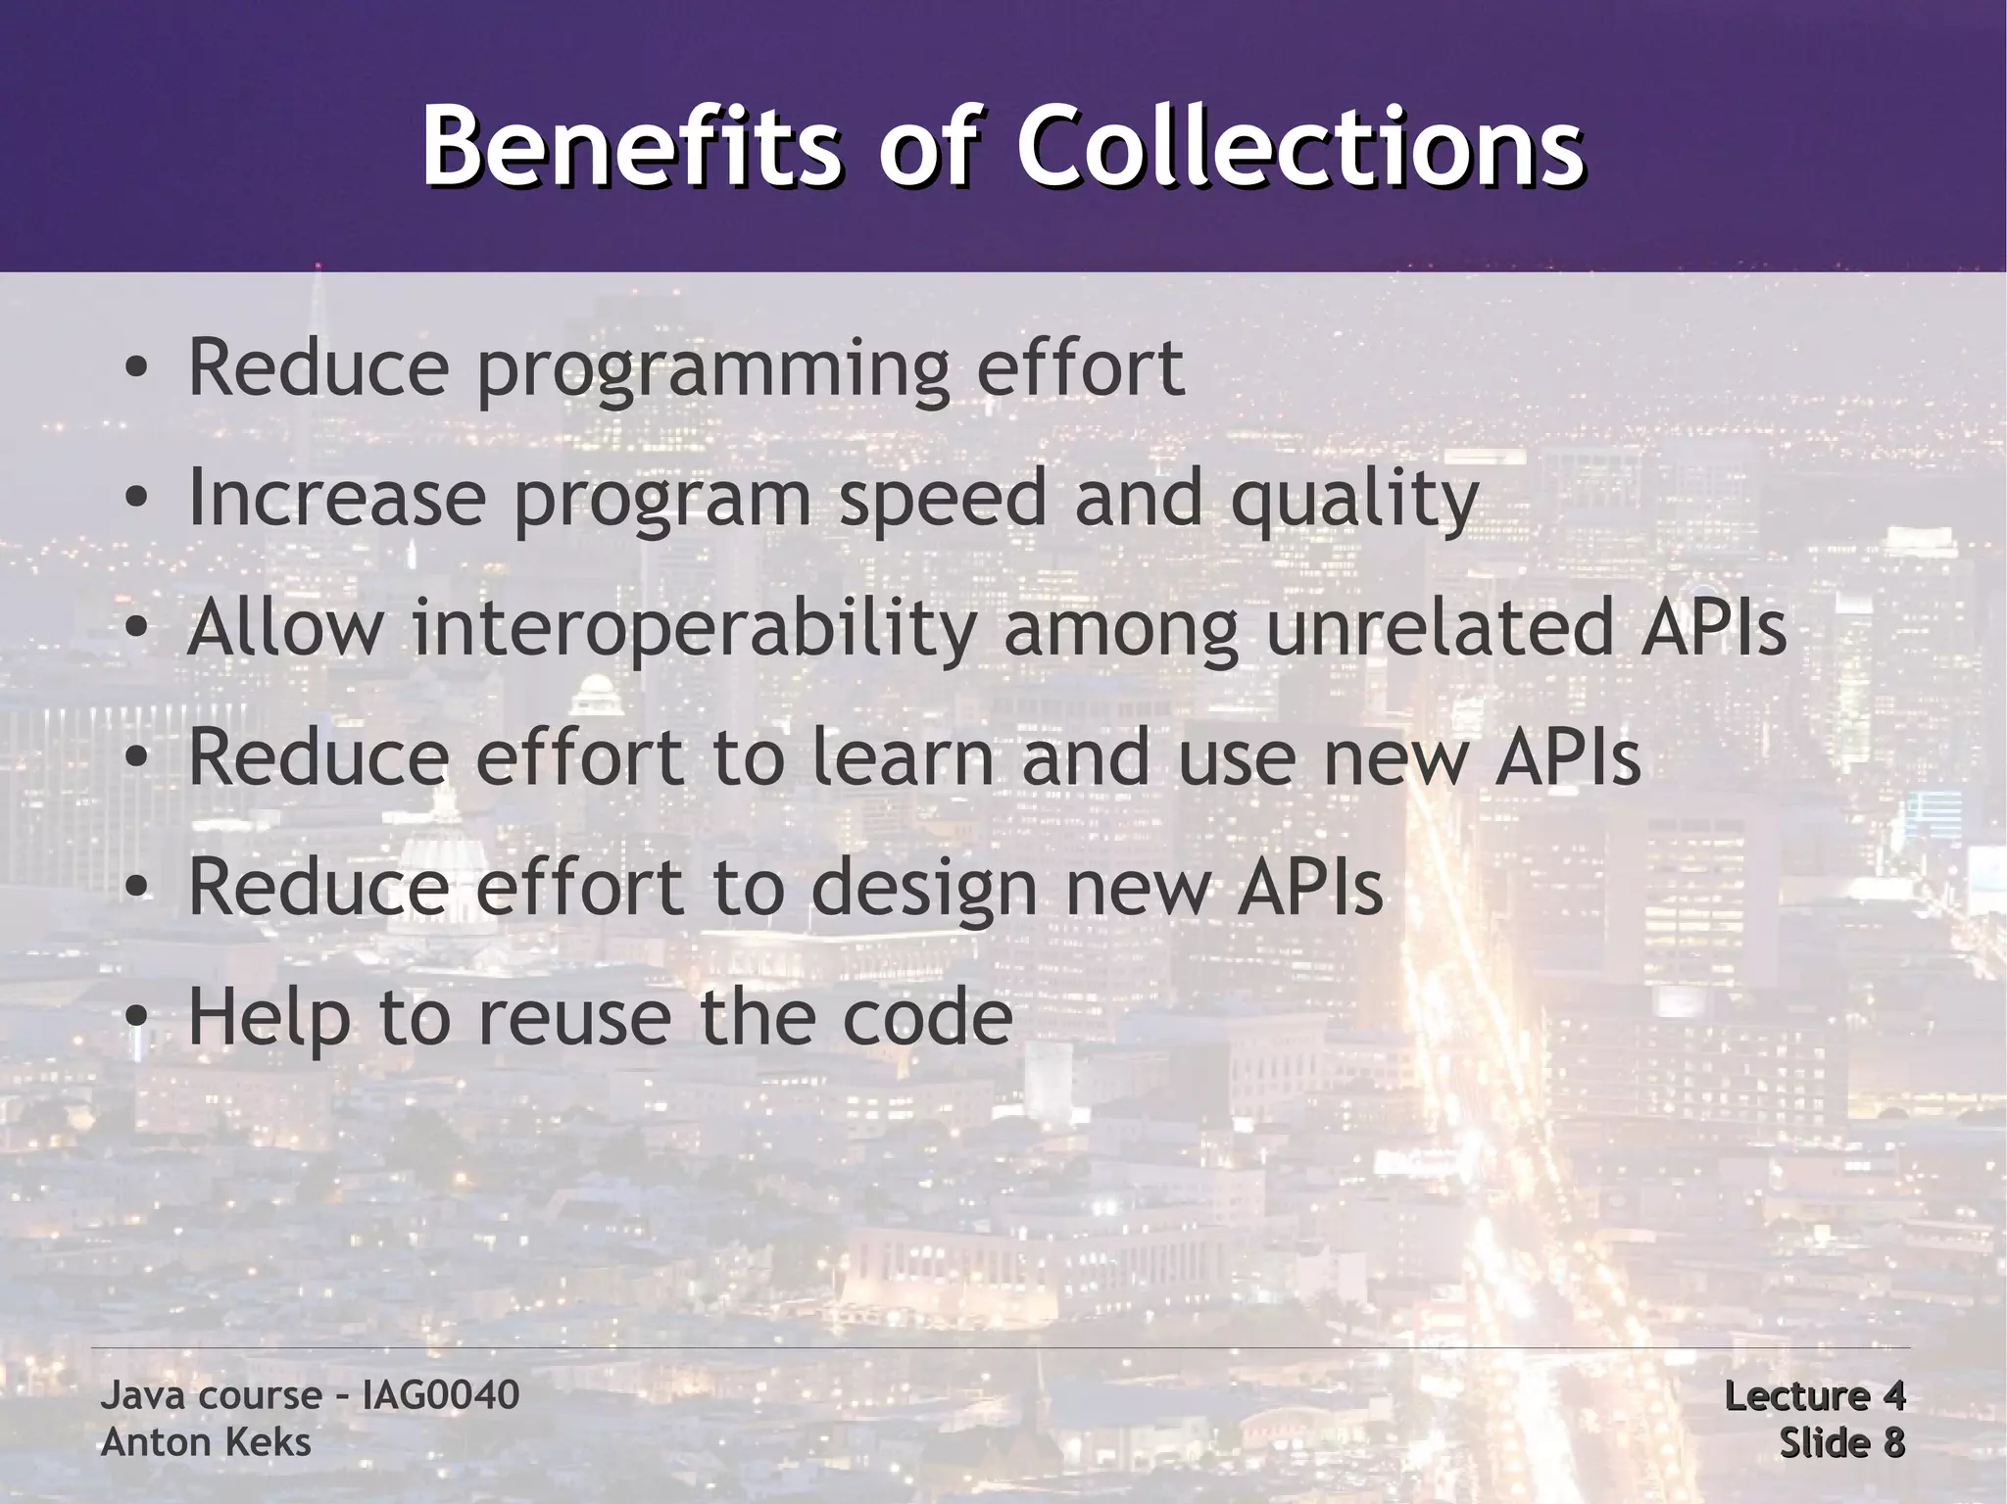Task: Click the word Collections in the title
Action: tap(1299, 149)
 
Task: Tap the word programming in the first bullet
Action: tap(712, 368)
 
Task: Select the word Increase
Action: tap(336, 497)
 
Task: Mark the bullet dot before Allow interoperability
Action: tap(137, 630)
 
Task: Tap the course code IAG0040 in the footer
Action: tap(440, 1394)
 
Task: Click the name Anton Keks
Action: tap(206, 1442)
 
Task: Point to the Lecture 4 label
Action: tap(1813, 1395)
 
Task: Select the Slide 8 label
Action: tap(1841, 1442)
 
